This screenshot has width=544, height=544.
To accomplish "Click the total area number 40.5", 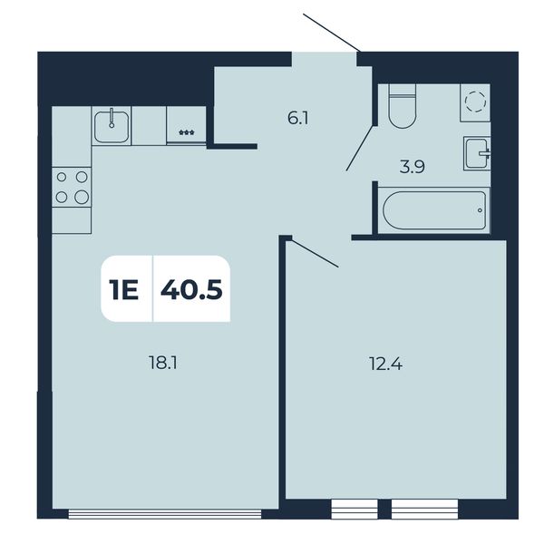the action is pyautogui.click(x=191, y=289).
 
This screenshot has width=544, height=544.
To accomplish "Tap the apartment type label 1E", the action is pyautogui.click(x=123, y=290).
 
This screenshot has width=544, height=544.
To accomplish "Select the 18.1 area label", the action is pyautogui.click(x=162, y=364).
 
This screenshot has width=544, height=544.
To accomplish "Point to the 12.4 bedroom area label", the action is pyautogui.click(x=386, y=364).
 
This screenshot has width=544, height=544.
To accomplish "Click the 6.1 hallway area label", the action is pyautogui.click(x=298, y=119).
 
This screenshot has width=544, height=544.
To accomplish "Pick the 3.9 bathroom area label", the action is pyautogui.click(x=413, y=167).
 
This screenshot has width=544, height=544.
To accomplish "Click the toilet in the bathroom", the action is pyautogui.click(x=402, y=106).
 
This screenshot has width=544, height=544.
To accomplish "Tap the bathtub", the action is pyautogui.click(x=434, y=210).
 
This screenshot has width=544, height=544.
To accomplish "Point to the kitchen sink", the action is pyautogui.click(x=112, y=126).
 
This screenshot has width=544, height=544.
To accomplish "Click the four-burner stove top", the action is pyautogui.click(x=72, y=188).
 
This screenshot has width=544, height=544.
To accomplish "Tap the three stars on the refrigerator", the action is pyautogui.click(x=187, y=132).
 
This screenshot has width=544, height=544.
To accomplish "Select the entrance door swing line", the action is pyautogui.click(x=332, y=33).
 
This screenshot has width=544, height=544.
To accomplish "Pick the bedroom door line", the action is pyautogui.click(x=315, y=253).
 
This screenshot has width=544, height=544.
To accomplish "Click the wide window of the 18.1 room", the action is pyautogui.click(x=165, y=514).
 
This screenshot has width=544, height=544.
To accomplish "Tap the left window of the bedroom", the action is pyautogui.click(x=355, y=510).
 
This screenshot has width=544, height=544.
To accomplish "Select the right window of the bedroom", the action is pyautogui.click(x=424, y=510).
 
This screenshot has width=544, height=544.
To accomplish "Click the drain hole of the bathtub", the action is pyautogui.click(x=480, y=210).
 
